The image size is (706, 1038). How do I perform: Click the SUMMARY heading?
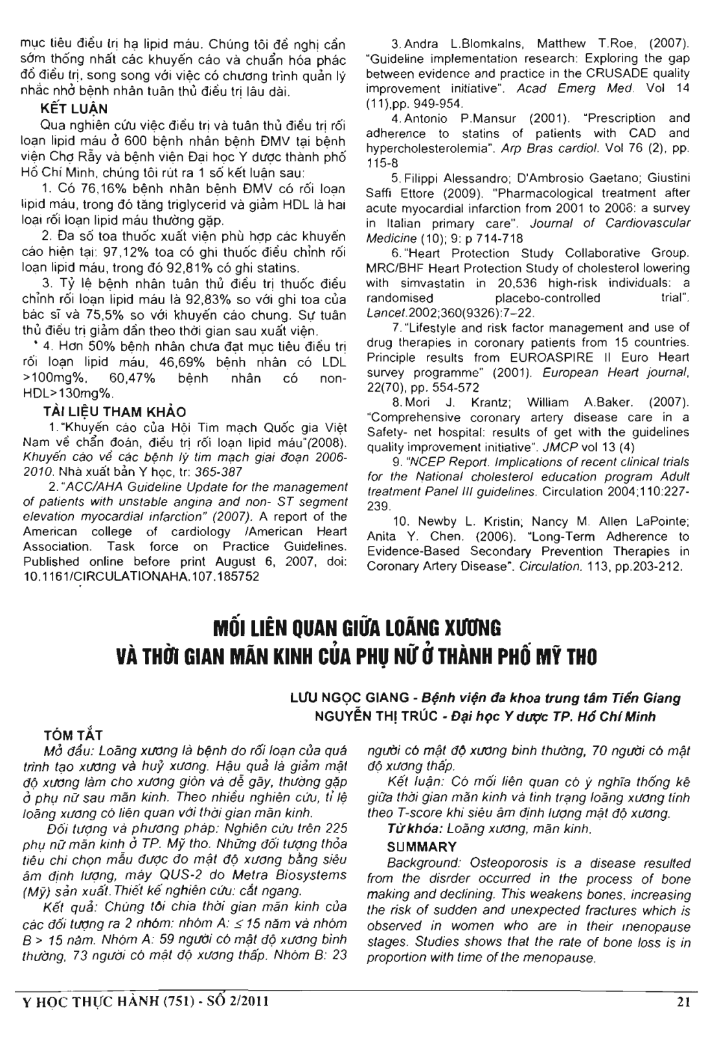(x=421, y=847)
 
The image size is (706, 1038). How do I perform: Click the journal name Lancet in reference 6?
(x=383, y=313)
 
